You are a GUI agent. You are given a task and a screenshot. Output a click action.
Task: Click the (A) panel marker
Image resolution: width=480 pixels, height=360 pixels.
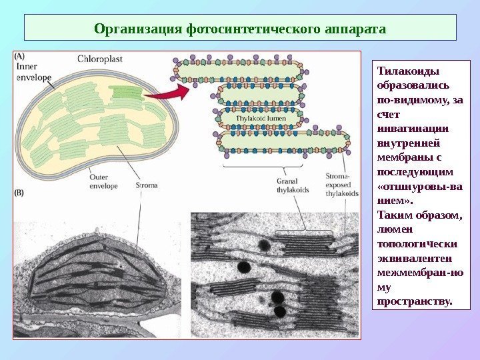click(x=21, y=57)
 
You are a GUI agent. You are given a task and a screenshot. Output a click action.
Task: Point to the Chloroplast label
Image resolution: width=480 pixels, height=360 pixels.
click(x=99, y=59)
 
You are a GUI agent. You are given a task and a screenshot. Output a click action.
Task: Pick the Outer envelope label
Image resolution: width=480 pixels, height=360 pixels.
click(x=103, y=181)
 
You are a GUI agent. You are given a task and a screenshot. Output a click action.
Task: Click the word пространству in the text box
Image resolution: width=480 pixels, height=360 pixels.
click(x=414, y=301)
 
